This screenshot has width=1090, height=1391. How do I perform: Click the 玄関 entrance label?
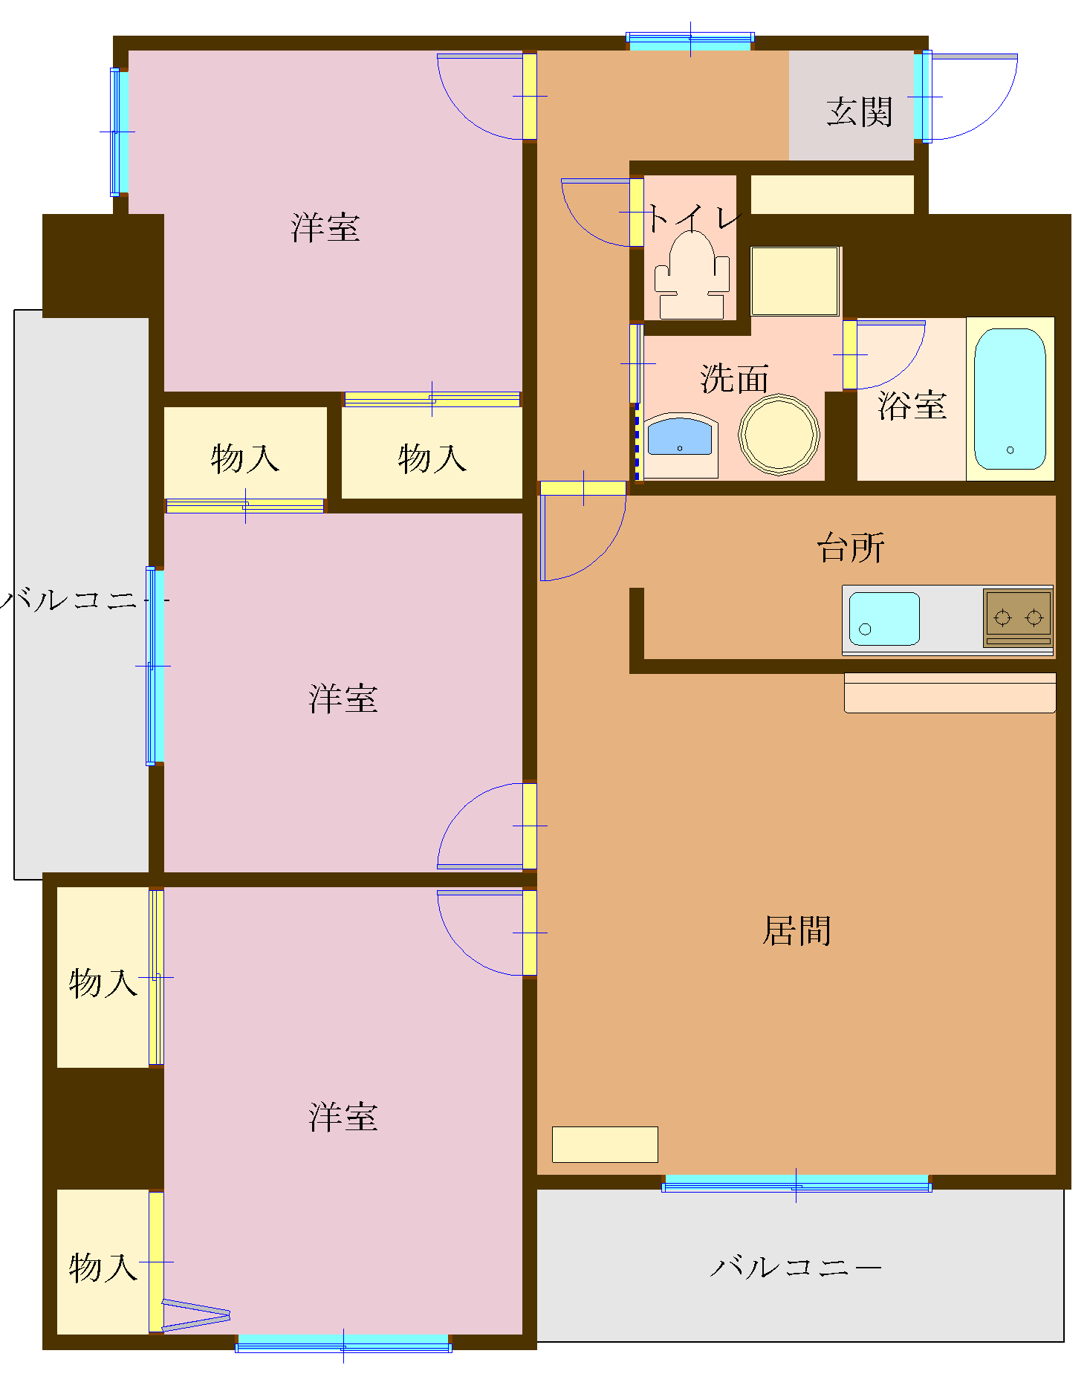tap(859, 112)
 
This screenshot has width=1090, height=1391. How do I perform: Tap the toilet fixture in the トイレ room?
tap(692, 273)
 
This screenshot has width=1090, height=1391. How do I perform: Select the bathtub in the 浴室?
tap(1010, 399)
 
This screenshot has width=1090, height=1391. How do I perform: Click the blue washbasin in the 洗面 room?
tap(679, 437)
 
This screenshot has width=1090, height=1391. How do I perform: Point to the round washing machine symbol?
tap(779, 435)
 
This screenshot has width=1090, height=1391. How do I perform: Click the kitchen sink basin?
tap(883, 618)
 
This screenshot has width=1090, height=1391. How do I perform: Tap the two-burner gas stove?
tap(1017, 617)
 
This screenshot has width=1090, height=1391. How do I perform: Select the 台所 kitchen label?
tap(851, 548)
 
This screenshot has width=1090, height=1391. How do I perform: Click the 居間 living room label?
tap(797, 931)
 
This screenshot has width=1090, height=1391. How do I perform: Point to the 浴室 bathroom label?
tap(912, 406)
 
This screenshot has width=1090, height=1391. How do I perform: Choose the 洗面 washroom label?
tap(734, 379)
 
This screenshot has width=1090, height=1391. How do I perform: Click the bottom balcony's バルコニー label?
tap(795, 1267)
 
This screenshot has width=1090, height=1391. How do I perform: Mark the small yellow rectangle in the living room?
tap(605, 1144)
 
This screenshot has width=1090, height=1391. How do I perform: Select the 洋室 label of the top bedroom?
tap(325, 227)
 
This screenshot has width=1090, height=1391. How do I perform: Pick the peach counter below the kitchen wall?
tap(950, 693)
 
